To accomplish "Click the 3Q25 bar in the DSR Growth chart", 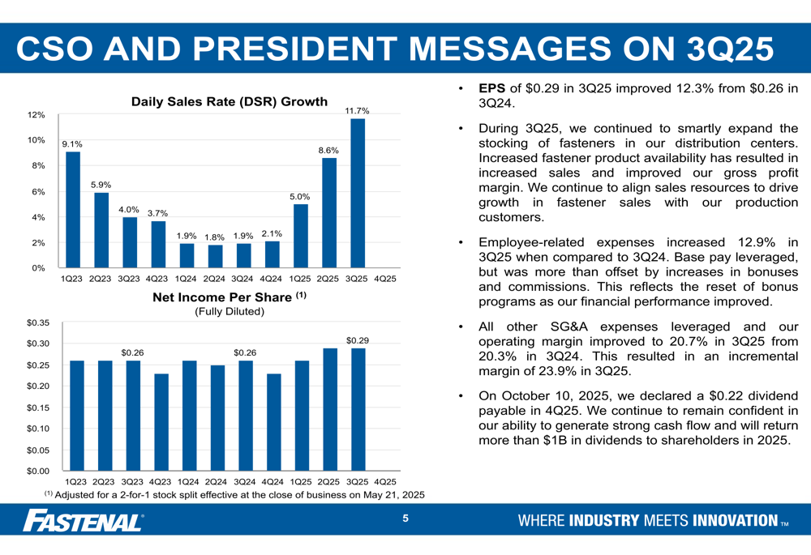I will point(357,193).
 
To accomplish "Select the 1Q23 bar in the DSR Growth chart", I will point(73,209).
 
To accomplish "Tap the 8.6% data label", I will point(328,150).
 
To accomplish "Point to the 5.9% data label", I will point(101,185).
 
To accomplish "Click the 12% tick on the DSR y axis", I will point(36,115).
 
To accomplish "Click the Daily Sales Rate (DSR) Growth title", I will point(230,102).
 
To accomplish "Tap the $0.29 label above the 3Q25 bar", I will point(358,340).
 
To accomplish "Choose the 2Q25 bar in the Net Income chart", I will point(330,409).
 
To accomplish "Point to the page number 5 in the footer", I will point(405,519).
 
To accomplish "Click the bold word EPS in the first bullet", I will point(492,88).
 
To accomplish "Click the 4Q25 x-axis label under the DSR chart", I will point(385,279).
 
